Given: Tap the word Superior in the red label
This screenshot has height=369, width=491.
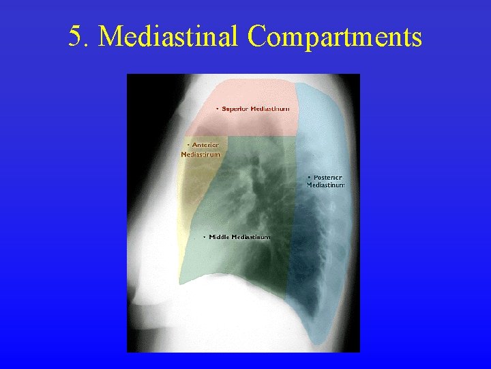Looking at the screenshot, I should tap(235, 109).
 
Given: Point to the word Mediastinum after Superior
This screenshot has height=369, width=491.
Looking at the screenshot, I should tap(270, 109).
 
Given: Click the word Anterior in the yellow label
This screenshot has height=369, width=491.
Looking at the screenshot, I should tap(205, 145).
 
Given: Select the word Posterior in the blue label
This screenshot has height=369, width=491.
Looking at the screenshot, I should tap(328, 177).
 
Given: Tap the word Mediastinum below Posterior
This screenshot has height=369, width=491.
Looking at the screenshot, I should tap(326, 185).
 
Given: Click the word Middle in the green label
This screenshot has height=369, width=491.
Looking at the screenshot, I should tap(219, 237).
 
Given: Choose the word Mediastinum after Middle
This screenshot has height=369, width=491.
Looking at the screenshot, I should tap(250, 237).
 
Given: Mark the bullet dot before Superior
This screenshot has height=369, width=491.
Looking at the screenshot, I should tap(218, 109).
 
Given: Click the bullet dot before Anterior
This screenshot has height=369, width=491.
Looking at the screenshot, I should tap(189, 145).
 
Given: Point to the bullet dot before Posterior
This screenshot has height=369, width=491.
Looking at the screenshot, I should tap(309, 177).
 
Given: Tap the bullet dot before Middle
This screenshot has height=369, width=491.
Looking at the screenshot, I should tap(205, 237).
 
